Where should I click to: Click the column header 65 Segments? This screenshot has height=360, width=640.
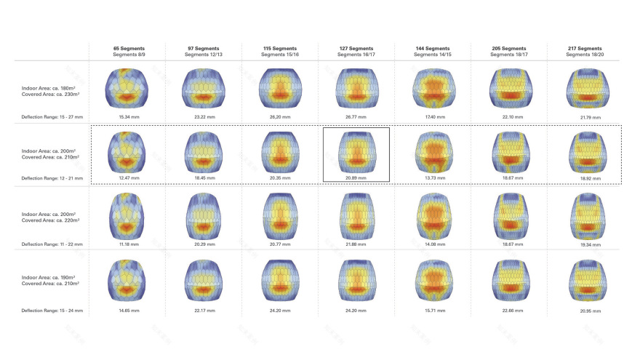pos(127,48)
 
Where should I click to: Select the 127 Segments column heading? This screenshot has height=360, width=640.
pos(356,48)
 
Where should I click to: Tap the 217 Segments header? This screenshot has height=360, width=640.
pos(584,48)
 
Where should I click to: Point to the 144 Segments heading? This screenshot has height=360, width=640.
pos(432,48)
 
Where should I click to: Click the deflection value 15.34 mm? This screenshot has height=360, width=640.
pos(127,116)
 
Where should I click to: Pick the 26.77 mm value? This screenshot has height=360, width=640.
pos(356,116)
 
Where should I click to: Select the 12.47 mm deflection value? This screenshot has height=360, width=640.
pos(127,177)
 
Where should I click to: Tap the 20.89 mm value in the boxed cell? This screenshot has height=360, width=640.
pos(356,177)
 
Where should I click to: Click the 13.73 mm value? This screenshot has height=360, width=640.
pos(432,177)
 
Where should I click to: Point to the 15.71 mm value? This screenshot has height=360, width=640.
pos(432,311)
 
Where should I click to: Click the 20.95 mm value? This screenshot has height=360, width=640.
pos(584,311)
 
